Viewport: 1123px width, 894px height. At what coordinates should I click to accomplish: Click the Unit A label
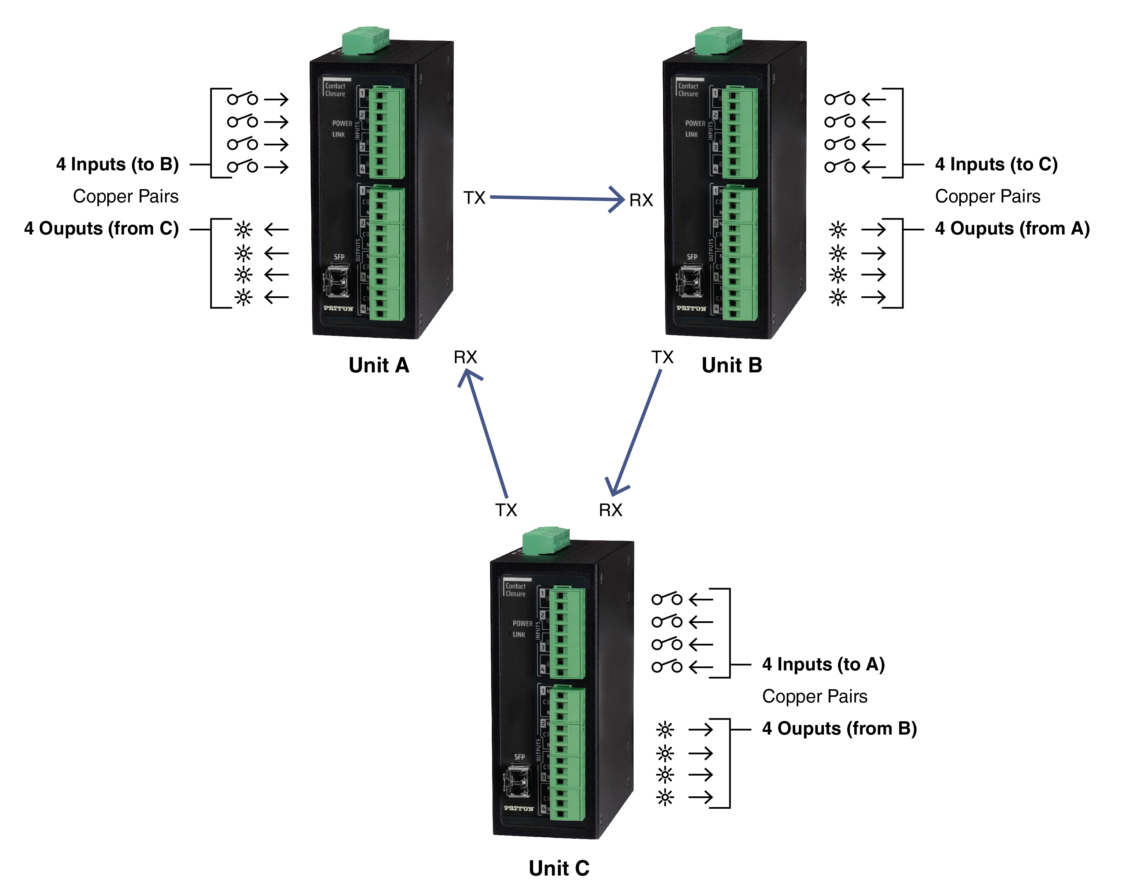pos(379,365)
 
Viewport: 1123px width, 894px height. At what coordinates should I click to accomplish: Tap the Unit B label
pos(731,365)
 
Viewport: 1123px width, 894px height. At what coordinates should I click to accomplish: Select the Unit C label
pos(558,868)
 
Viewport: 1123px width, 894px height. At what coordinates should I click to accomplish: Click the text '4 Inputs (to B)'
pos(117,165)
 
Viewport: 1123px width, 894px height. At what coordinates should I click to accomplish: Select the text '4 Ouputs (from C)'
pos(101,228)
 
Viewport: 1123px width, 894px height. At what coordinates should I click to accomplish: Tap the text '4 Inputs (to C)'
pos(996,165)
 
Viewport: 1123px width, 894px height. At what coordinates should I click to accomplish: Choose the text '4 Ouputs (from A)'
pos(1012,228)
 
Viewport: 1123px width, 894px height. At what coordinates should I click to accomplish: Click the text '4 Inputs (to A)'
pos(823,665)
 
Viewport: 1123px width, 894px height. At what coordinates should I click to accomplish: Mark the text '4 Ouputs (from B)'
pos(839,728)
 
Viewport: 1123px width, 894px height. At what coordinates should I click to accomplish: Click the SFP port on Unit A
pos(336,281)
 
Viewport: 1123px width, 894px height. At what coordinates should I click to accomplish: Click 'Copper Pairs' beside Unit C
pos(815,696)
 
